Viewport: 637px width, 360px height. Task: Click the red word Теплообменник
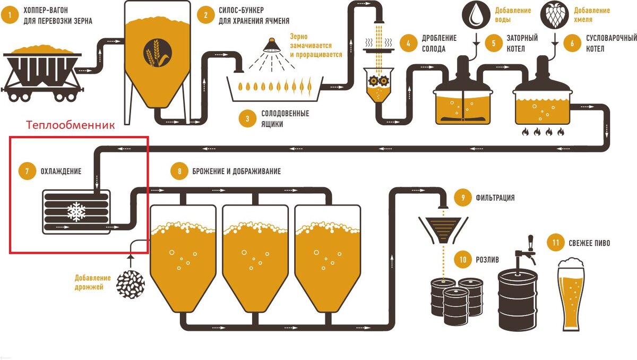click(x=71, y=126)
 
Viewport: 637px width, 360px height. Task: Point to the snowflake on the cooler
click(x=76, y=212)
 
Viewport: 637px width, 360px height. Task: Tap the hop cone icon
click(x=554, y=14)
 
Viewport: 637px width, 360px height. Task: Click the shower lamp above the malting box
click(x=272, y=45)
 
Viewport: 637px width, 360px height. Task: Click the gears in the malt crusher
click(x=378, y=81)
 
